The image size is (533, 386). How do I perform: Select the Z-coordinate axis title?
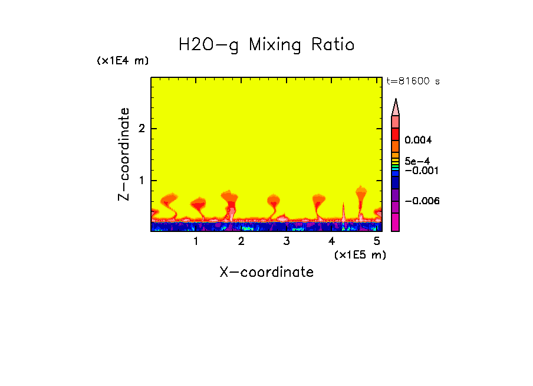124,154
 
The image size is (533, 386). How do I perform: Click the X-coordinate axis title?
266,272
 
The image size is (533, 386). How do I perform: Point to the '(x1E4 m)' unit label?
123,61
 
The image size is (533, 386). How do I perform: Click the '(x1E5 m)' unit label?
360,254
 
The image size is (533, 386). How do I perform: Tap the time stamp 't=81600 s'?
413,81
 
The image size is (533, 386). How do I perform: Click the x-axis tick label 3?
287,241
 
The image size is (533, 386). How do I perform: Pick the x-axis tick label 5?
377,241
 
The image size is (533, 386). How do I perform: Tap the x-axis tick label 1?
196,241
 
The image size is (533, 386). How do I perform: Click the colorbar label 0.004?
419,140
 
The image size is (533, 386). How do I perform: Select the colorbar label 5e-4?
417,161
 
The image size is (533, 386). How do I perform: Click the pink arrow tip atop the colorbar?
396,107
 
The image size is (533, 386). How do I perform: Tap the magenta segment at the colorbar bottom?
396,223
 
